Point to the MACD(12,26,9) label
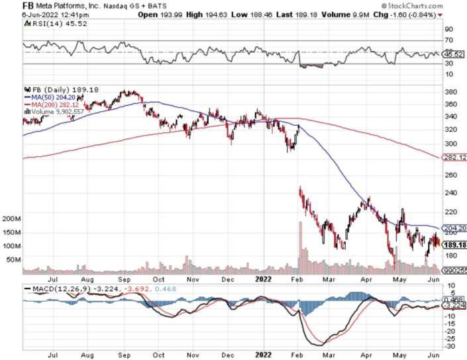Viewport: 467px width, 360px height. pyautogui.click(x=53, y=289)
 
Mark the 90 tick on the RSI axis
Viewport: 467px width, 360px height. pyautogui.click(x=448, y=29)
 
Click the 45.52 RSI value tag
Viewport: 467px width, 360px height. pyautogui.click(x=453, y=54)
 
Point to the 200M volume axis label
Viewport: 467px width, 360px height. pyautogui.click(x=13, y=218)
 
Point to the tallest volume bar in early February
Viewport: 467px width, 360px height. pyautogui.click(x=300, y=247)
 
